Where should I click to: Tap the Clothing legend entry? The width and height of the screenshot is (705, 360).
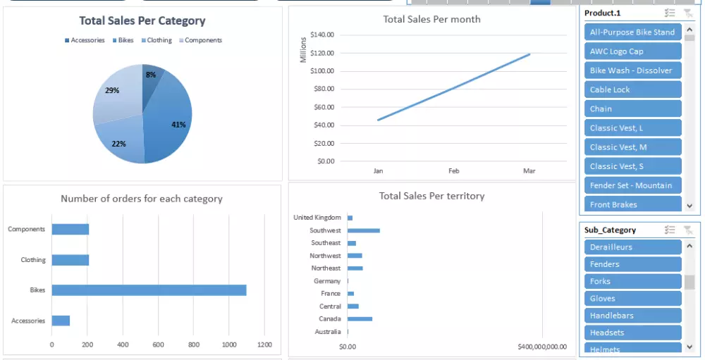(156, 40)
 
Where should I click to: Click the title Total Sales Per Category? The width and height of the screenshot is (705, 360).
(142, 21)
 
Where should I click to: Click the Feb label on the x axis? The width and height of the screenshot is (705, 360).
(453, 170)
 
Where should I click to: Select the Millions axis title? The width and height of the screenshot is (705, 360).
(304, 49)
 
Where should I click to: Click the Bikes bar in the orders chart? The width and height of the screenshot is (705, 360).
(149, 290)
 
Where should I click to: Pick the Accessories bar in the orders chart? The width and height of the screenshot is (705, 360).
(61, 321)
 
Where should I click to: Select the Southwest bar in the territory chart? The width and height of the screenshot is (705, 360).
(363, 230)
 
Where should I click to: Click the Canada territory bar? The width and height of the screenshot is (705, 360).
(360, 319)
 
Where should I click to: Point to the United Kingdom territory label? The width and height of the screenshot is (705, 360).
(317, 218)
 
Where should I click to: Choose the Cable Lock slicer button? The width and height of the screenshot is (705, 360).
(632, 89)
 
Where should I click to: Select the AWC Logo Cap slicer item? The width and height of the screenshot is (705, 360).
(632, 51)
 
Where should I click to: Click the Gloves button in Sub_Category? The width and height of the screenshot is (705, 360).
(632, 299)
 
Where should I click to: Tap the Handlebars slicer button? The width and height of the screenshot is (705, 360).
(632, 316)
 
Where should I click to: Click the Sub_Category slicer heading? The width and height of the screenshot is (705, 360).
(610, 230)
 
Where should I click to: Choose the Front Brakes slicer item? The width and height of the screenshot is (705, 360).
(632, 204)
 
